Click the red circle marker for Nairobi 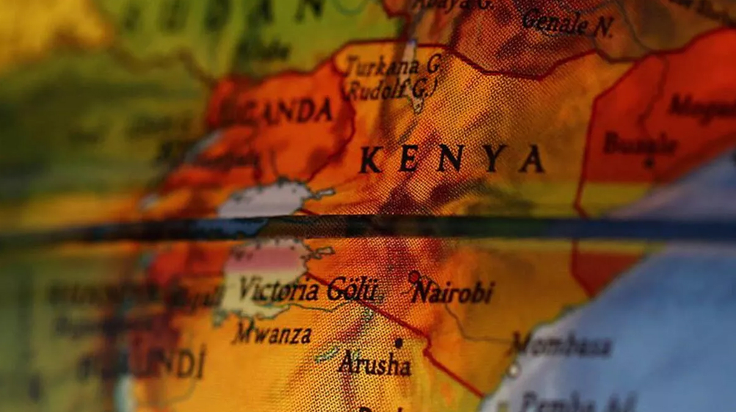pos(414,277)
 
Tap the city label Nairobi pos(453,292)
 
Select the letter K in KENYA pos(370,161)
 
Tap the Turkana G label pos(393,66)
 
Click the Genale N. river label pos(566,23)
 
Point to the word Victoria pos(279,289)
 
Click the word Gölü pos(353,289)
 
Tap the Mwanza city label pos(272,334)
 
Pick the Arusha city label pos(374,364)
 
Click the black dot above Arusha pos(398,343)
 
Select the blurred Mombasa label pos(563,345)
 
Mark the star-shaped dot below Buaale pos(649,163)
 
